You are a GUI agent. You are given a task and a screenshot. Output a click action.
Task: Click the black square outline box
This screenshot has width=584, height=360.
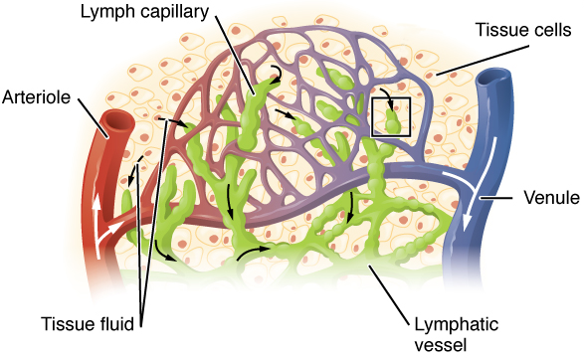pyautogui.click(x=390, y=115)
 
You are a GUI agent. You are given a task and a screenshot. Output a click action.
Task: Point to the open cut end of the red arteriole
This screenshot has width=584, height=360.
pyautogui.click(x=117, y=122)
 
